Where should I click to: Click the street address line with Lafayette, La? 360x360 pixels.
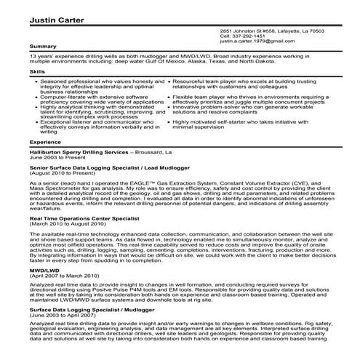coord(272,31)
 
